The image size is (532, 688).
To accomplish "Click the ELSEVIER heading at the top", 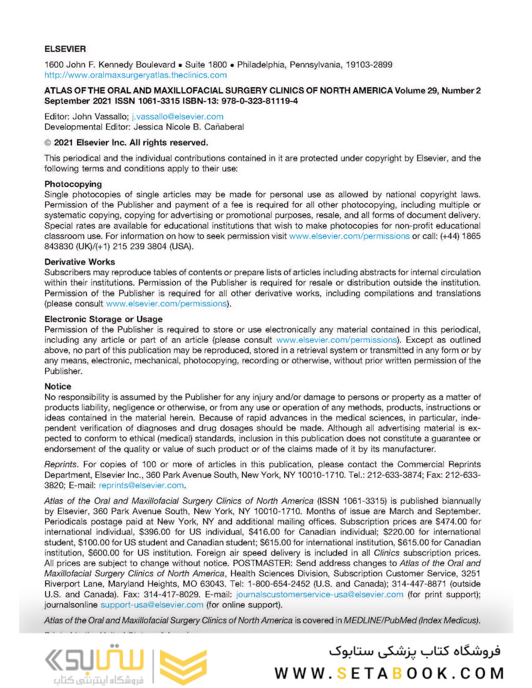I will pyautogui.click(x=65, y=48).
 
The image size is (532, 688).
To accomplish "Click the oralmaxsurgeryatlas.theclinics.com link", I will pyautogui.click(x=135, y=75).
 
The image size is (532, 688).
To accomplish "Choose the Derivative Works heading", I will pyautogui.click(x=80, y=262).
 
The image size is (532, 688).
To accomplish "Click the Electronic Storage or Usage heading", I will pyautogui.click(x=103, y=319).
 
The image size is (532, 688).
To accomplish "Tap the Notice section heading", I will pyautogui.click(x=58, y=387).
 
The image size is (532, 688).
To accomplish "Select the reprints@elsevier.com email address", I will pyautogui.click(x=141, y=485).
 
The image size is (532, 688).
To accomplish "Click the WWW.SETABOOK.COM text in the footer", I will pyautogui.click(x=390, y=673).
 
